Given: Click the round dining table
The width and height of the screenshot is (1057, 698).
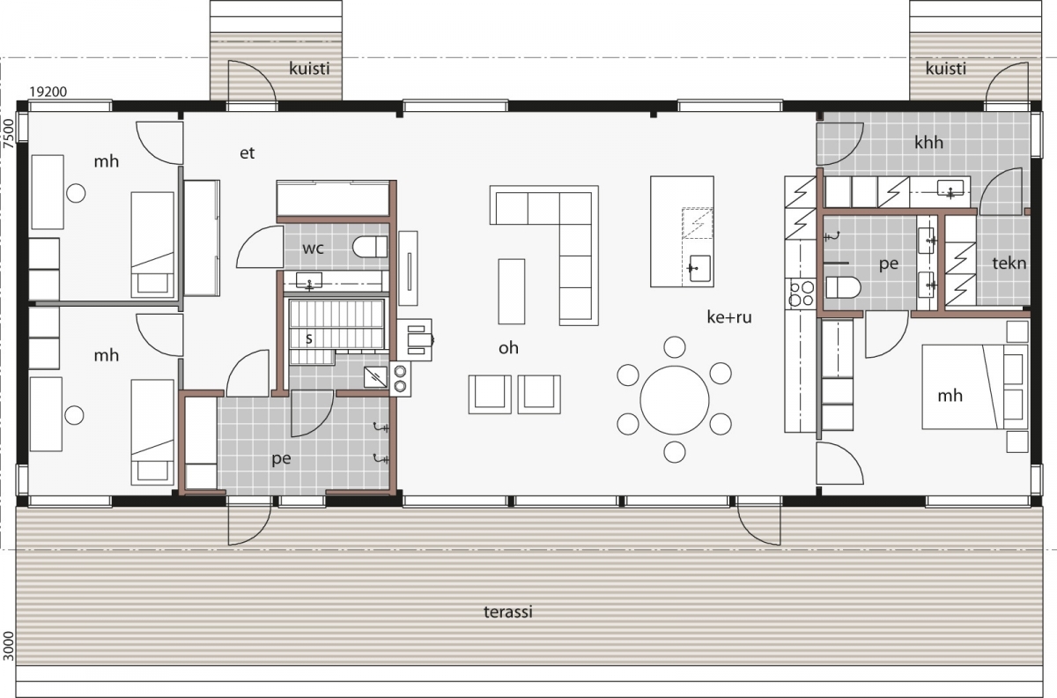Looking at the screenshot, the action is pos(675,400).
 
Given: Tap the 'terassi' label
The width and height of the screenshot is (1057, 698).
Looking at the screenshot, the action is pos(508,612).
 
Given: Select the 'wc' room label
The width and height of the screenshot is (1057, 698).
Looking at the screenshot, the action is pos(314,249).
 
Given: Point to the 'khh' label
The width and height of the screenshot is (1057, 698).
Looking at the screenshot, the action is pos(928,142).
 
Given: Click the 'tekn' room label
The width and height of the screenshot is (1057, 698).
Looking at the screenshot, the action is pos(1009,263).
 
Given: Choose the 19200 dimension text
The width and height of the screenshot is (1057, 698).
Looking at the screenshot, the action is pos(48,92).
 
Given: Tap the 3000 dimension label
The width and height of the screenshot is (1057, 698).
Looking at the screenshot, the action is pos(9,646).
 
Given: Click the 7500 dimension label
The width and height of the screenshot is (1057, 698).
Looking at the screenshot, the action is pos(9,134).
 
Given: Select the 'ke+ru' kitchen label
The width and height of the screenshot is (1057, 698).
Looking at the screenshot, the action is pos(729,317).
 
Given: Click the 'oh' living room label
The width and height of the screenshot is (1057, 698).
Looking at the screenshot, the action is pos(508,348).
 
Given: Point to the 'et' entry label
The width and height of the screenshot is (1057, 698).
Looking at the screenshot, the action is pos(248,153).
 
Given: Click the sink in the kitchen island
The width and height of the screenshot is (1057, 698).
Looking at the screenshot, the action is pos(699,268).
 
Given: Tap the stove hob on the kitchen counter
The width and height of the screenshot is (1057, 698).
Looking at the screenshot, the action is pos(801,293).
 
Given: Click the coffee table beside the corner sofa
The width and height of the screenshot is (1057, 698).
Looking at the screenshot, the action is pos(512,292).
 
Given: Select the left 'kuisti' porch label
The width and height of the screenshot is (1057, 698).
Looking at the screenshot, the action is pos(309,69).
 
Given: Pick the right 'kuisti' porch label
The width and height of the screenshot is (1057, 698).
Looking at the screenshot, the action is pos(946,69).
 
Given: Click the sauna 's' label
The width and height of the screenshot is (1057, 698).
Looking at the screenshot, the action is pos(309,338).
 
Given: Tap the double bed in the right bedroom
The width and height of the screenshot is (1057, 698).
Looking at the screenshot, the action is pos(975,387).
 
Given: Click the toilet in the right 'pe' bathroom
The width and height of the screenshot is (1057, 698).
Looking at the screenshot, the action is pos(843,287).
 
